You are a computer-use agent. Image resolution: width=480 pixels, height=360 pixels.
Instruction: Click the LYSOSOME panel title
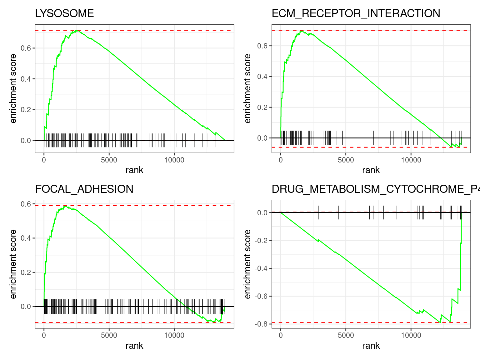click(64, 13)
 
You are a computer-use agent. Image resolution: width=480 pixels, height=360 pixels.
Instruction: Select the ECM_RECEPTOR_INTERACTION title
click(356, 13)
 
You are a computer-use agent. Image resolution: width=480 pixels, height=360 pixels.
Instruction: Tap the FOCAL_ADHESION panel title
click(84, 189)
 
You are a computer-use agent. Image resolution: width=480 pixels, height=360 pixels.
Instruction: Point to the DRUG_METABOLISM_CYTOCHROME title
click(375, 189)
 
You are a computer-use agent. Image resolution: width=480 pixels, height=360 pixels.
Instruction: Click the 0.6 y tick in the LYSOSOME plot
click(26, 48)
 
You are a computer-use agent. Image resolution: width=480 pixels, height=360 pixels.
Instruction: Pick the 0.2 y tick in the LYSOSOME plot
click(26, 110)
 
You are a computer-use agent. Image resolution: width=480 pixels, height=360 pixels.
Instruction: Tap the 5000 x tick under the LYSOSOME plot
click(109, 160)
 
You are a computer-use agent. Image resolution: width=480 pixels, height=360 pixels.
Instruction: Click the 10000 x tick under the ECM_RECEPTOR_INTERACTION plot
click(411, 160)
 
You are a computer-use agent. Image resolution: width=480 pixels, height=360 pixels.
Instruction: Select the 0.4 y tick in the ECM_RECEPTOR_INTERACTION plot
click(262, 77)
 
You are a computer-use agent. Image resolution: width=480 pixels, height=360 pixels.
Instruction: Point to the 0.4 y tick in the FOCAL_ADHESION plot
click(26, 238)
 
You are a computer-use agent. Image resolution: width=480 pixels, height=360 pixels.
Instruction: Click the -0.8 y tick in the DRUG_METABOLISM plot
click(261, 324)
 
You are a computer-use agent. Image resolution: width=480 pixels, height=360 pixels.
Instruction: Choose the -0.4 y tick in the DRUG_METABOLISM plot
click(261, 268)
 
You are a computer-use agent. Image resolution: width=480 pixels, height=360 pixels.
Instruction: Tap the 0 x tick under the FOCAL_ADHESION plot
click(44, 336)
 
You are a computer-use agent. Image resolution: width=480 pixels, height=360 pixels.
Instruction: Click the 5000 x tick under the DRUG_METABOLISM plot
click(346, 336)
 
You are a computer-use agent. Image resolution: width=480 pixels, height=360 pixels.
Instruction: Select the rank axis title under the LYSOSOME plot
click(134, 170)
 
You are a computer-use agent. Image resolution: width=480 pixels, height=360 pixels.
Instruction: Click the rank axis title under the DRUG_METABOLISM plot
click(371, 346)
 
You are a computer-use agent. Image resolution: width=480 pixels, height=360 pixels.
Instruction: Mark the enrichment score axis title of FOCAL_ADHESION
click(13, 264)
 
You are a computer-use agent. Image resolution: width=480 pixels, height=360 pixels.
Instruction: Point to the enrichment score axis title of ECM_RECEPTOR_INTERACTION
click(247, 88)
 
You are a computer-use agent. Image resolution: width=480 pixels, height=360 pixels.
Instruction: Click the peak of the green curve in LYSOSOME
click(77, 30)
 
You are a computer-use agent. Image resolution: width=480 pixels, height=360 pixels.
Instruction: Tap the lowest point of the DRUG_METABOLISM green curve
click(440, 322)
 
